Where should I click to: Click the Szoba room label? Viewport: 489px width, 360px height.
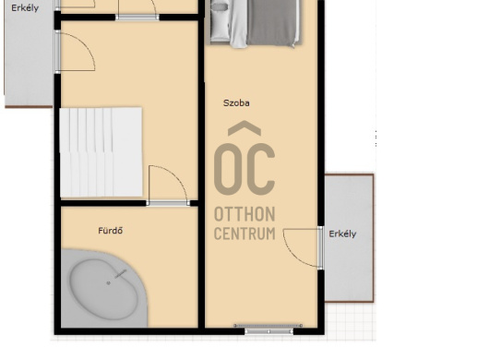[x=236, y=103]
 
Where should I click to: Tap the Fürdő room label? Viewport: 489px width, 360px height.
[x=111, y=231]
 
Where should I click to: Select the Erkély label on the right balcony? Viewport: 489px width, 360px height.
[x=342, y=234]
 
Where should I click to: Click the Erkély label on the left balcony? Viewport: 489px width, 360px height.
[x=25, y=7]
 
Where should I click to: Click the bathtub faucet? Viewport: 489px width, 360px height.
[x=120, y=273]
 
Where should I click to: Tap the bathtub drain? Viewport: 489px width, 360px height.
[x=109, y=283]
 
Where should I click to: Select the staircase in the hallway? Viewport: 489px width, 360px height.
[x=101, y=152]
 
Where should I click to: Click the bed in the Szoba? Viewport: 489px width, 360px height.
[x=256, y=23]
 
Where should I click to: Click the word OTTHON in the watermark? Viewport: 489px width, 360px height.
[x=244, y=214]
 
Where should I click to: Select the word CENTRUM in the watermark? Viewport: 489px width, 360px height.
[x=244, y=234]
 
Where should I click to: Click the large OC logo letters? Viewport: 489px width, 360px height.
[x=244, y=169]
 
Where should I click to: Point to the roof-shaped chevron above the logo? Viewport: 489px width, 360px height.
[x=244, y=128]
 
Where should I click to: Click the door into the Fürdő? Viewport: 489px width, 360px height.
[x=168, y=186]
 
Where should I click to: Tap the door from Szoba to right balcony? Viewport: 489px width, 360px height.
[x=304, y=248]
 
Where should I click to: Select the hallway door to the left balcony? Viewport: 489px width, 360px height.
[x=75, y=52]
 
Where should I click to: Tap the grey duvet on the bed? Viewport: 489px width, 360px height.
[x=271, y=23]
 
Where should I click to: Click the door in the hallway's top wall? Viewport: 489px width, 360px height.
[x=137, y=10]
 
